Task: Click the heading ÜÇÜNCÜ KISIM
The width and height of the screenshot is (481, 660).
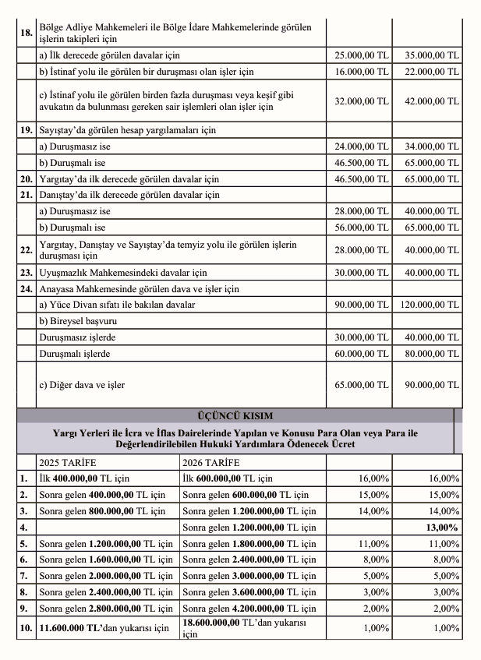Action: [x=240, y=415]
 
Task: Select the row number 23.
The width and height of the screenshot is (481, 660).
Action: [x=26, y=273]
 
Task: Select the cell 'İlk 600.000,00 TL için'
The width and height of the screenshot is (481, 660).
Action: [x=228, y=478]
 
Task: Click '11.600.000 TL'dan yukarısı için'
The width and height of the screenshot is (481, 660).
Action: [x=104, y=627]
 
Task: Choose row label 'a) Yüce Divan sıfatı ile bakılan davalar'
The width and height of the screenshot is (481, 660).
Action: [x=117, y=305]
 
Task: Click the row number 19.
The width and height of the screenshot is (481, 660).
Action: [x=26, y=130]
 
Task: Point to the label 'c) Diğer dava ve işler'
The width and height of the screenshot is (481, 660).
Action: [x=82, y=385]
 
